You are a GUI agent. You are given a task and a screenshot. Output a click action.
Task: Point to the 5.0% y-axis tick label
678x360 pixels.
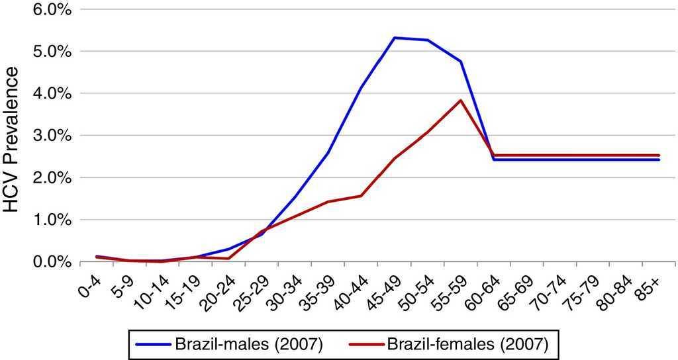click(44, 52)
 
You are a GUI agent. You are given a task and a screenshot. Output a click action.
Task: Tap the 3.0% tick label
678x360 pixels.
click(44, 136)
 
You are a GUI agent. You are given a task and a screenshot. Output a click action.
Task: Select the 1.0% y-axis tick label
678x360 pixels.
click(44, 220)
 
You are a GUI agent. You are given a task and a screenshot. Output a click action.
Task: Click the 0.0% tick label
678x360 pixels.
click(44, 262)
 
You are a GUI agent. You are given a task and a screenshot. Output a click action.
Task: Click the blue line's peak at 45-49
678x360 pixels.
click(395, 38)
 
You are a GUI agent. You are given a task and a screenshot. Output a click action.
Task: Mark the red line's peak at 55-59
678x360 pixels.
click(461, 101)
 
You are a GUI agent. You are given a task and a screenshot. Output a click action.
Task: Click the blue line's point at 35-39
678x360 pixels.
click(328, 153)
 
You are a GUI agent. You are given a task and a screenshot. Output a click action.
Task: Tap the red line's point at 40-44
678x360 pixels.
click(361, 196)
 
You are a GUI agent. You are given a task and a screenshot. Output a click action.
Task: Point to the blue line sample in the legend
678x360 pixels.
click(154, 345)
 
